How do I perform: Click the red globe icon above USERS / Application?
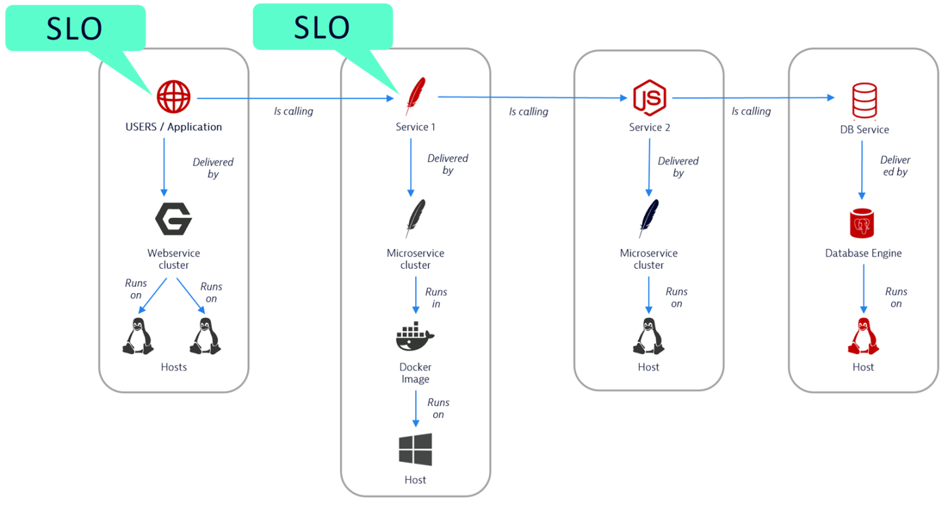point(174,97)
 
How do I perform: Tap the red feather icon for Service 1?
point(415,96)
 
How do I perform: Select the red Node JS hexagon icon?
point(649,97)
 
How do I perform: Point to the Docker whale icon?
point(414,336)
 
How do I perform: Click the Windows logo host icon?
point(415,449)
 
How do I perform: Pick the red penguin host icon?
point(863,336)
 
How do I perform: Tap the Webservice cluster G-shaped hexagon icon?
point(173,219)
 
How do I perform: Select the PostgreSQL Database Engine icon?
point(863,223)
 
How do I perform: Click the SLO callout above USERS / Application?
point(75,28)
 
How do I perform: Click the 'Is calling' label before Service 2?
point(528,112)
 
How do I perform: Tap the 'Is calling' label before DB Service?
point(751,111)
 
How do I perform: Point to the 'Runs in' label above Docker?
point(436,298)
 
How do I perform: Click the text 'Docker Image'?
point(415,373)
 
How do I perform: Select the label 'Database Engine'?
point(863,253)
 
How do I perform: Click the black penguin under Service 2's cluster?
point(649,336)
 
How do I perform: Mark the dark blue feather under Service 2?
point(649,219)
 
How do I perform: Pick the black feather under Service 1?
point(415,219)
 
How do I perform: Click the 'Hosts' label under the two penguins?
point(174,367)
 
